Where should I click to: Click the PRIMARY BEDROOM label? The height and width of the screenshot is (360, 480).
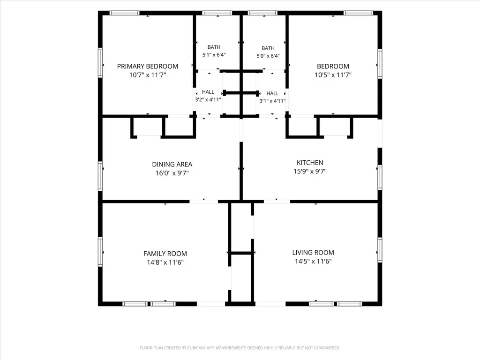point(148,67)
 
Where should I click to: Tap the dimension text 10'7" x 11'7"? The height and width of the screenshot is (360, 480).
point(148,75)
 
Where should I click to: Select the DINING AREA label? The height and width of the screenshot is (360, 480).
point(172,165)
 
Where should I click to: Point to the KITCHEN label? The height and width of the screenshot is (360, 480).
point(310,163)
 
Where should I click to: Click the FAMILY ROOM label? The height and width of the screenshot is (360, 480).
point(165,254)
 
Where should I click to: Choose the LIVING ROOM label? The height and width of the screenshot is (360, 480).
point(313,253)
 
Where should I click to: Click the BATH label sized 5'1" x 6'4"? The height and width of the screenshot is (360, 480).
point(214,47)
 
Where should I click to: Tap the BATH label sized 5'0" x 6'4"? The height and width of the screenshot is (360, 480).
point(268,48)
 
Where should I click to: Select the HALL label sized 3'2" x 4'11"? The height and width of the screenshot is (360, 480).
point(208,92)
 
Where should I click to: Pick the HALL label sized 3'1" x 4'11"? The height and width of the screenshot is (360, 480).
point(272,93)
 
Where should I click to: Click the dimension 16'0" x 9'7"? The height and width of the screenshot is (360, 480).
point(172,173)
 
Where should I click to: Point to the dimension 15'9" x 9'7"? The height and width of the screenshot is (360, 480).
point(310,171)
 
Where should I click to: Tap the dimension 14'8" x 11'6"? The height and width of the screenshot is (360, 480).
point(165,262)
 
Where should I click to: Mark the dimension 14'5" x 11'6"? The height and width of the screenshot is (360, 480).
point(313,261)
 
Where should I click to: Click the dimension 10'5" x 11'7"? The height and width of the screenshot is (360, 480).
point(333,75)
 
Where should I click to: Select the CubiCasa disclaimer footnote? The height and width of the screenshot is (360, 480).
point(240,348)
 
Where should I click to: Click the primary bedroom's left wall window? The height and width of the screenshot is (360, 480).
point(100,62)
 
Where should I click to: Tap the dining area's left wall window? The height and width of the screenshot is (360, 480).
point(100,176)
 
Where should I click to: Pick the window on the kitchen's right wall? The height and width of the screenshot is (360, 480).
point(380,177)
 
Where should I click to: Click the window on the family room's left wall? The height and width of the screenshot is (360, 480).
point(100,252)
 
